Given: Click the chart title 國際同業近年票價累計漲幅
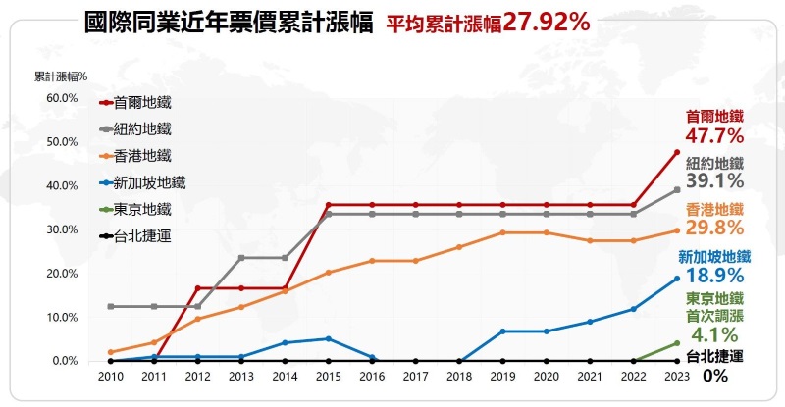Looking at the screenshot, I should pos(229,23).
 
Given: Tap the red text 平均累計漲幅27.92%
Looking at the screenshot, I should pos(487,23).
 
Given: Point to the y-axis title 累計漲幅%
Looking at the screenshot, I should pos(61,76).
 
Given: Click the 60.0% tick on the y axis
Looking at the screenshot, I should pos(62,98).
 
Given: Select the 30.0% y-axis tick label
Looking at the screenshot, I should pos(62,229).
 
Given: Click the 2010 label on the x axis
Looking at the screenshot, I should pos(111,377).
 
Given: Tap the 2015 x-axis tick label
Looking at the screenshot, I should pos(328,377).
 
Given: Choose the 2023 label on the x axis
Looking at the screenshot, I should pos(676,377).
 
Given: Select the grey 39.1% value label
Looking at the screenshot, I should pos(715,181).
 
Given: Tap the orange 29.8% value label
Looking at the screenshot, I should pos(715,228).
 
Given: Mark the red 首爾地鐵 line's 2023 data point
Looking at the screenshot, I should pos(676,152).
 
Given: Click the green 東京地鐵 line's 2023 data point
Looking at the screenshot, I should pos(676,343).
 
